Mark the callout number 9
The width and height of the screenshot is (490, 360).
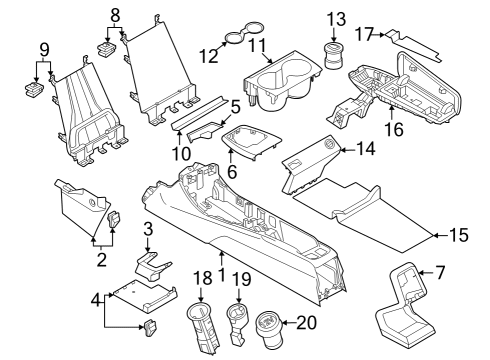click(x=42, y=49)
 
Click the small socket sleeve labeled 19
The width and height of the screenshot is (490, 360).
click(x=235, y=320)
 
